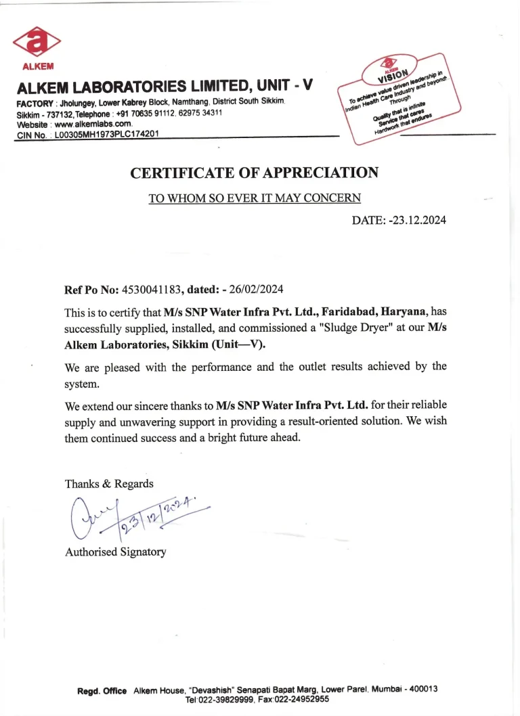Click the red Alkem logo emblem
coord(37,43)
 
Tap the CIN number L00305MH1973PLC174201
coord(107,134)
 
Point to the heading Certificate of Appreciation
coord(254,173)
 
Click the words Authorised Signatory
coord(115,552)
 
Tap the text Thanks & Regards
coord(109,483)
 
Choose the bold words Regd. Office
coord(102,690)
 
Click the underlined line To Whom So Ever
coord(255,198)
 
